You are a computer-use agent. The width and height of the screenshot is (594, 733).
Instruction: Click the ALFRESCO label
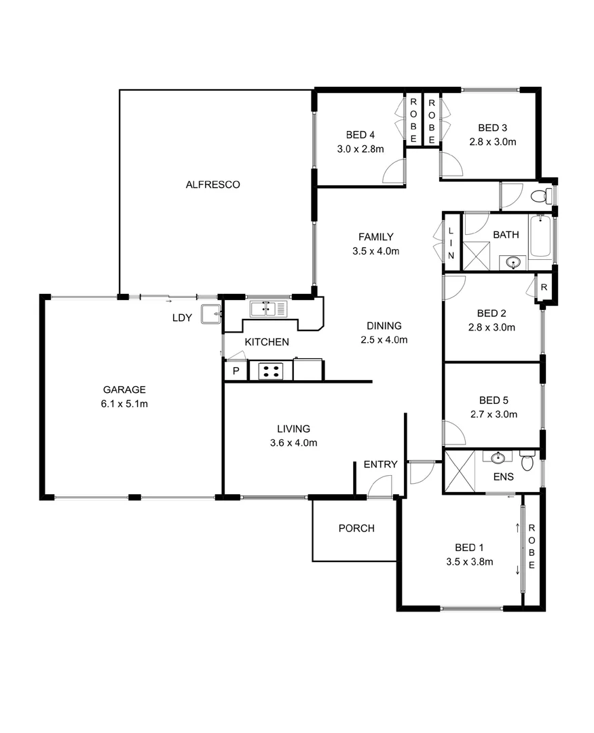tap(212, 185)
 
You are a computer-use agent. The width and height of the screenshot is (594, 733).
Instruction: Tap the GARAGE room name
tap(124, 390)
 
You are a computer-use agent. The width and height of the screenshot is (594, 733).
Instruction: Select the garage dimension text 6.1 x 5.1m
tap(124, 404)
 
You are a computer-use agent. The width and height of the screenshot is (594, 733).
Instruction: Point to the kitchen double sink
tap(268, 309)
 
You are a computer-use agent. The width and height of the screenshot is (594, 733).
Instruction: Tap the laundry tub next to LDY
tap(211, 314)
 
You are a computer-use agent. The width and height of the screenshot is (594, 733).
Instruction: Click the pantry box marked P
tap(236, 371)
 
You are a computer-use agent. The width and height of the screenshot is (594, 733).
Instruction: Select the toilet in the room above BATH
tap(541, 196)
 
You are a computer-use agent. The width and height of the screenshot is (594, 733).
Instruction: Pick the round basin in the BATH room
tap(513, 263)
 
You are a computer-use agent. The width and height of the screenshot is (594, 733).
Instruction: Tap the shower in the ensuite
tap(460, 471)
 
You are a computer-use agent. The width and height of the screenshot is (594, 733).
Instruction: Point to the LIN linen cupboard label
tap(451, 243)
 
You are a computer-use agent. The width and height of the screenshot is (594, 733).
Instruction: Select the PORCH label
tap(356, 528)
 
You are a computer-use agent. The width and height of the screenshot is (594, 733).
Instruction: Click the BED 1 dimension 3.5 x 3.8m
tap(470, 562)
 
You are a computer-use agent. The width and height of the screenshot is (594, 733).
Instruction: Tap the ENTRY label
tap(380, 464)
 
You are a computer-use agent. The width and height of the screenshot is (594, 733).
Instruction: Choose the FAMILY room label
tap(376, 237)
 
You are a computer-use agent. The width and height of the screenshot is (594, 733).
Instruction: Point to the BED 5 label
tap(494, 400)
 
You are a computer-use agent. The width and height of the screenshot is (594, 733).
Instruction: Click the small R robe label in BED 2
tap(544, 288)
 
